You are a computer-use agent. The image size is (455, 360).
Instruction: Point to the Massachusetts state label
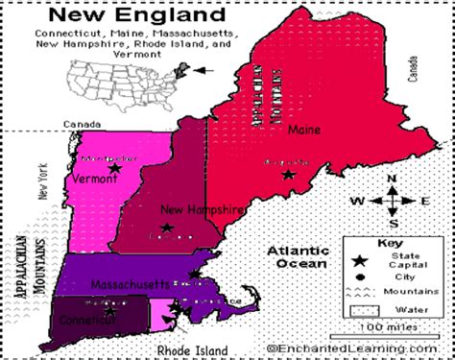pos(131,284)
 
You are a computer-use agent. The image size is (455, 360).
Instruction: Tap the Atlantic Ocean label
pos(298,256)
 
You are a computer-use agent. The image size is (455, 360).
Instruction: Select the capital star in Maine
pos(289,175)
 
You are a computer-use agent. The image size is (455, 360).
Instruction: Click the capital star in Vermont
pos(114,168)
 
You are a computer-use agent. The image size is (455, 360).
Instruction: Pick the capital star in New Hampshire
pos(167,228)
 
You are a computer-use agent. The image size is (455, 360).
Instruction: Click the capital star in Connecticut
pos(109,310)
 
